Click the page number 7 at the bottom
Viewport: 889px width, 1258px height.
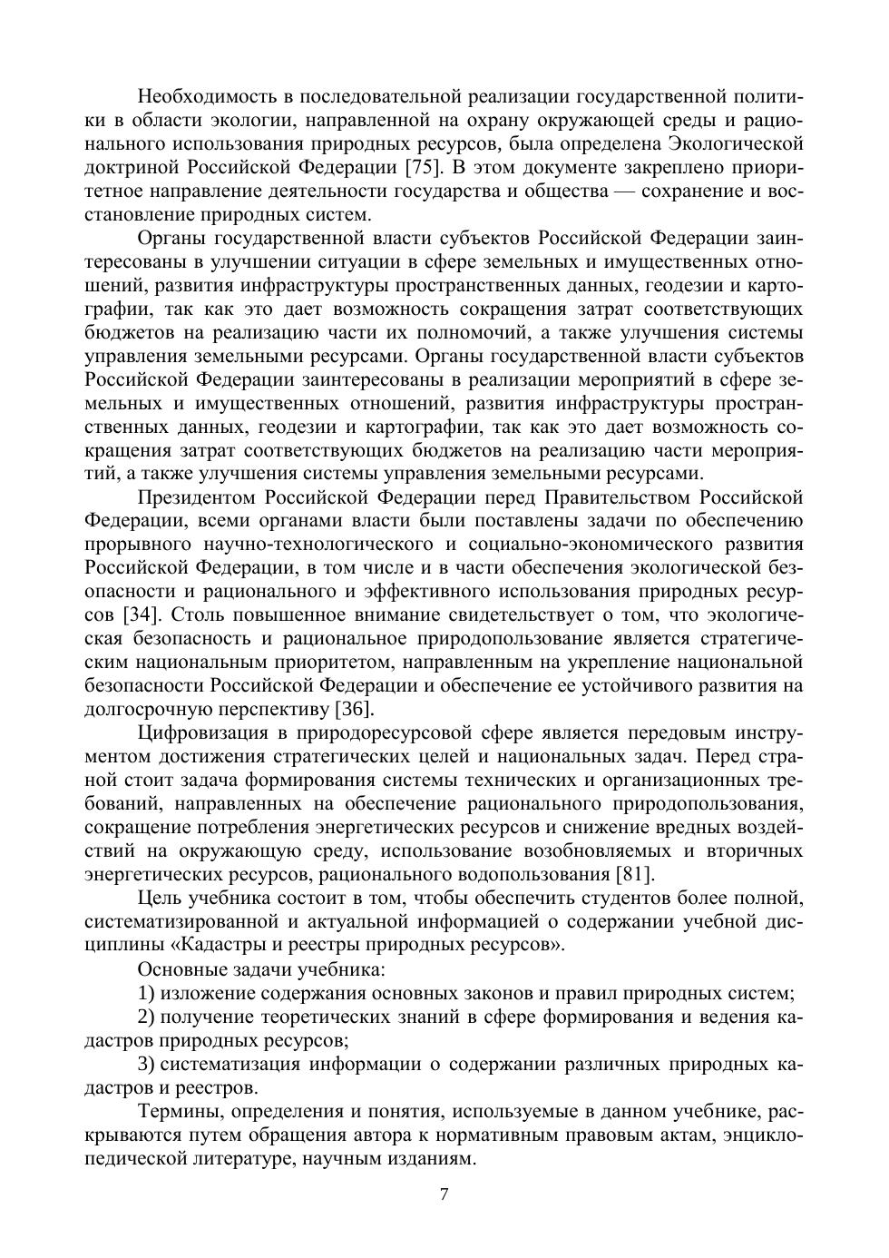[444, 1194]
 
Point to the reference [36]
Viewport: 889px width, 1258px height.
[355, 709]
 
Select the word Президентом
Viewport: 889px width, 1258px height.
[197, 497]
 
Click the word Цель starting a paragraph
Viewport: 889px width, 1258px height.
[160, 898]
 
